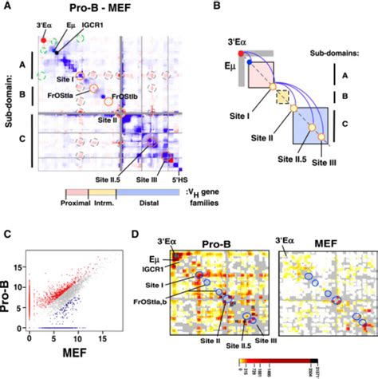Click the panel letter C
click(6, 234)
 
